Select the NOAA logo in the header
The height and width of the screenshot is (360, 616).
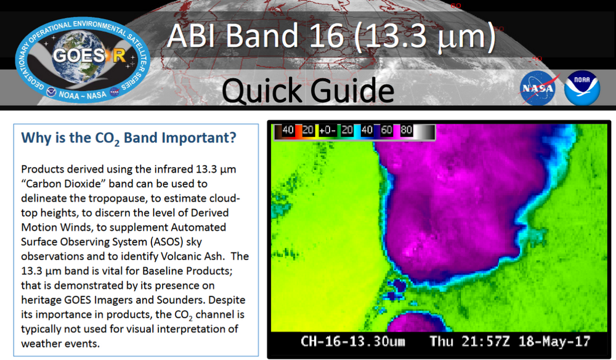(x=582, y=88)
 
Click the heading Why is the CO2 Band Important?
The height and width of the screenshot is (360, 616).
(x=129, y=138)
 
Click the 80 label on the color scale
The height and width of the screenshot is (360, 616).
(x=407, y=131)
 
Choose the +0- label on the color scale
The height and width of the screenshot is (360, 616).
(x=328, y=131)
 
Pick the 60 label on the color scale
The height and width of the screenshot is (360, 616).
(x=387, y=131)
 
